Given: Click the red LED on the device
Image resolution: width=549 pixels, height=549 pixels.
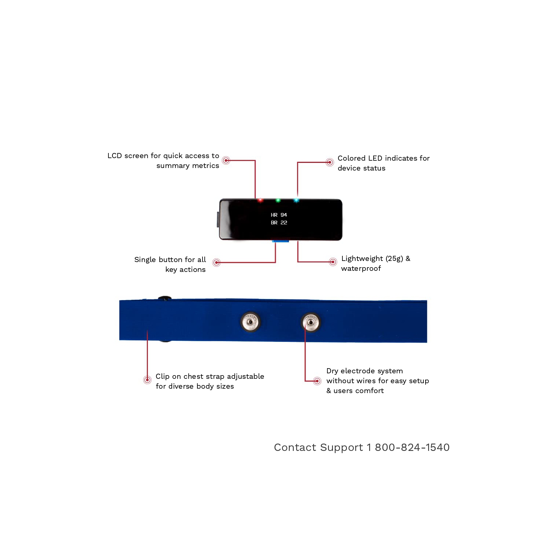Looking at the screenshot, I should pyautogui.click(x=260, y=200).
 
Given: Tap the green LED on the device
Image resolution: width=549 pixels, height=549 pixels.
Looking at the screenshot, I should pyautogui.click(x=278, y=200).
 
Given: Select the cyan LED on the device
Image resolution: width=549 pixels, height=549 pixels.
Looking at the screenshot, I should pyautogui.click(x=296, y=200).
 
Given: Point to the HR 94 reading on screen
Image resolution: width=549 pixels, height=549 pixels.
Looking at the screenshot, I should pyautogui.click(x=279, y=215).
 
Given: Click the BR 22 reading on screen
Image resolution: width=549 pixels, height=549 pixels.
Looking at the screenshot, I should pyautogui.click(x=279, y=223).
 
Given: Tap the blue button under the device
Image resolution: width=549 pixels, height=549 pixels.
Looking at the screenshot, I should pyautogui.click(x=281, y=241).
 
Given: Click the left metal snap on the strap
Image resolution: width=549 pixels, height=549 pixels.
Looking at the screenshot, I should pyautogui.click(x=251, y=322).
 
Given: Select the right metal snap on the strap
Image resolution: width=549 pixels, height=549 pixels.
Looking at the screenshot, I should pyautogui.click(x=311, y=322).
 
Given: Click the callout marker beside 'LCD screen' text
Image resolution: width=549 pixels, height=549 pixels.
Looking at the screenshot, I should pyautogui.click(x=226, y=160).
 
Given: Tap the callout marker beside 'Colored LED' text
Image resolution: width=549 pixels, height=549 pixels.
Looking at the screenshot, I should pyautogui.click(x=330, y=162).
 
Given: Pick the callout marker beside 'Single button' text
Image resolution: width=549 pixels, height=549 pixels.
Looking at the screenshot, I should pyautogui.click(x=216, y=262).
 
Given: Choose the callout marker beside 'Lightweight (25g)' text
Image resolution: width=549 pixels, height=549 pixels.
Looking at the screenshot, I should pyautogui.click(x=333, y=262).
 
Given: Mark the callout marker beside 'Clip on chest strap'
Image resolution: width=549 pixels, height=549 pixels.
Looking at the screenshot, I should pyautogui.click(x=147, y=380).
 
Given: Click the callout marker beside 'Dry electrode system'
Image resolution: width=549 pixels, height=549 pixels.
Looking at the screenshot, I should pyautogui.click(x=317, y=381).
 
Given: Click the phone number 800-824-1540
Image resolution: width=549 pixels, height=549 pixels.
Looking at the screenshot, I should pyautogui.click(x=412, y=447).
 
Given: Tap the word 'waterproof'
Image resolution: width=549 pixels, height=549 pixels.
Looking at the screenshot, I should pyautogui.click(x=361, y=269).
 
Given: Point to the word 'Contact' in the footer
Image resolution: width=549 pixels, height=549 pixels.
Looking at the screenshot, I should pyautogui.click(x=295, y=447).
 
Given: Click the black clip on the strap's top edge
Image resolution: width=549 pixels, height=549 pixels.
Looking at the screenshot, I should pyautogui.click(x=165, y=298).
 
